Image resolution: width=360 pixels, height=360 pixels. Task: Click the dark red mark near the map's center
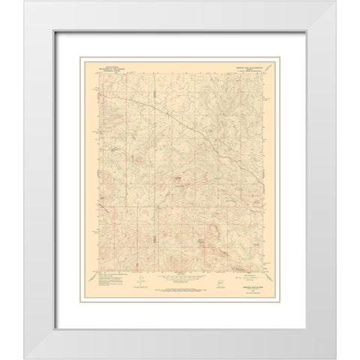177,179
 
